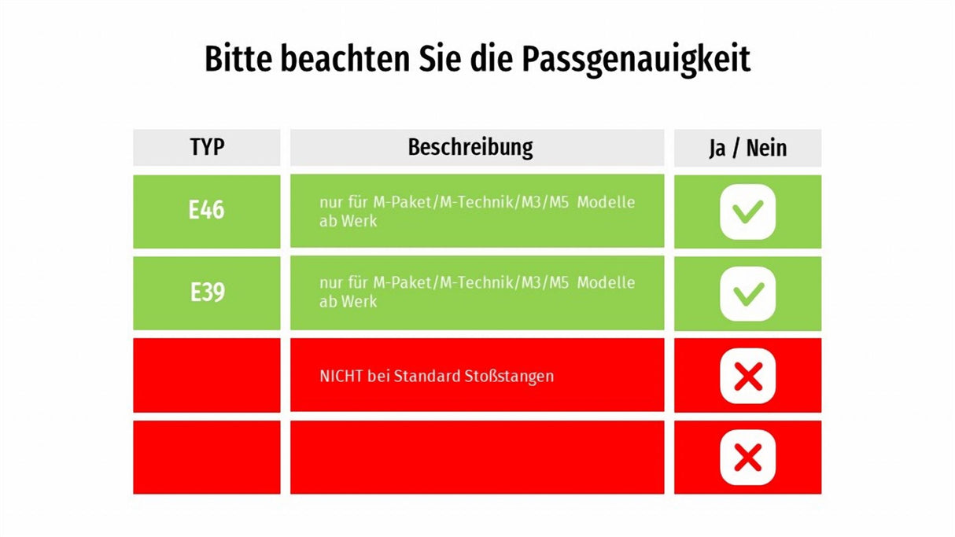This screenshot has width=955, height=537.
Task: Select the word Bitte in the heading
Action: pos(238,60)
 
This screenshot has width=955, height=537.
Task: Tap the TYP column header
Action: pos(207,148)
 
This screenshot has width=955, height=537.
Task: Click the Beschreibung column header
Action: pos(470,147)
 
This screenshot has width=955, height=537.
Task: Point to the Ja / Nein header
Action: pos(747,148)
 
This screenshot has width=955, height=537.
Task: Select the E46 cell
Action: pos(207,211)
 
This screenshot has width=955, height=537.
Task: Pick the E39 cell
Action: pos(207,293)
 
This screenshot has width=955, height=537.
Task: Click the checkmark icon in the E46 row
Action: pos(747,211)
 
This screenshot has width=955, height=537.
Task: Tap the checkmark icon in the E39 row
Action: pos(747,293)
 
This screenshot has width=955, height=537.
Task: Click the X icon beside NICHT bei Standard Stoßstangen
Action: pos(747,376)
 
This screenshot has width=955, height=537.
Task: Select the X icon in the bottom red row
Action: pos(747,457)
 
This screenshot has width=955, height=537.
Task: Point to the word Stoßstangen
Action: pos(509,376)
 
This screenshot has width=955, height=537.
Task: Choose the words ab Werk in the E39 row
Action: pos(348,302)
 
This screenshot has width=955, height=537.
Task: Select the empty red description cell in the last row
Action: pos(477,457)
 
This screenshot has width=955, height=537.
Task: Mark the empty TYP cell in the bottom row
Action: pos(207,457)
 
